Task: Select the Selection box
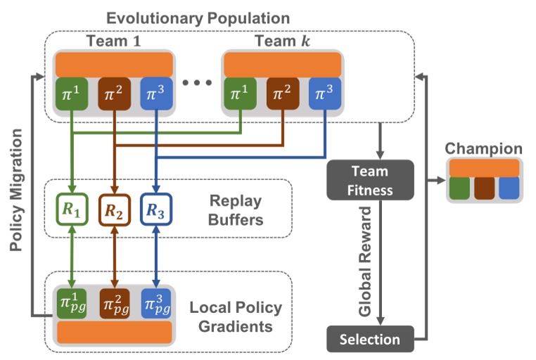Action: tap(369, 339)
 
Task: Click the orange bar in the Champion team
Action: tap(484, 167)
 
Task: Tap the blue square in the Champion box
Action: tap(509, 188)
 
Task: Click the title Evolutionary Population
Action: tap(193, 17)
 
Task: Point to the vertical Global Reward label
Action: tap(365, 260)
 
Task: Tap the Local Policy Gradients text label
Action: tap(236, 317)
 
